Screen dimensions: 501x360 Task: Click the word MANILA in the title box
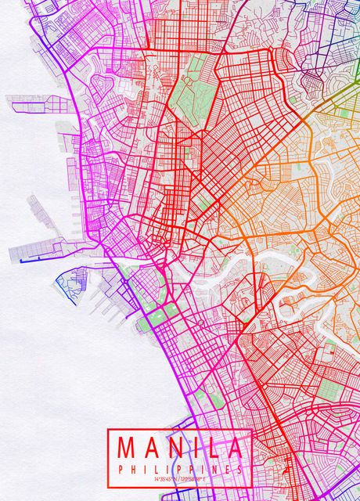click(x=180, y=447)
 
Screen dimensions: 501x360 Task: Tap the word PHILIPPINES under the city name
click(x=180, y=468)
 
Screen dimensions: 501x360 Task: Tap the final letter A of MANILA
click(x=236, y=447)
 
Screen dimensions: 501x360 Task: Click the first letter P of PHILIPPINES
click(x=120, y=468)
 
